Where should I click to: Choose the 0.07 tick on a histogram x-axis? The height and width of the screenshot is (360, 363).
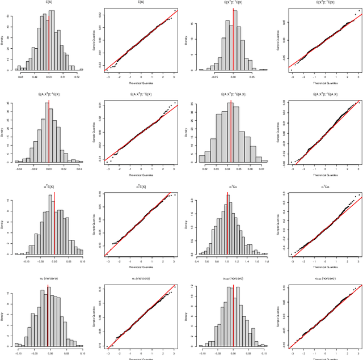(261, 168)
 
